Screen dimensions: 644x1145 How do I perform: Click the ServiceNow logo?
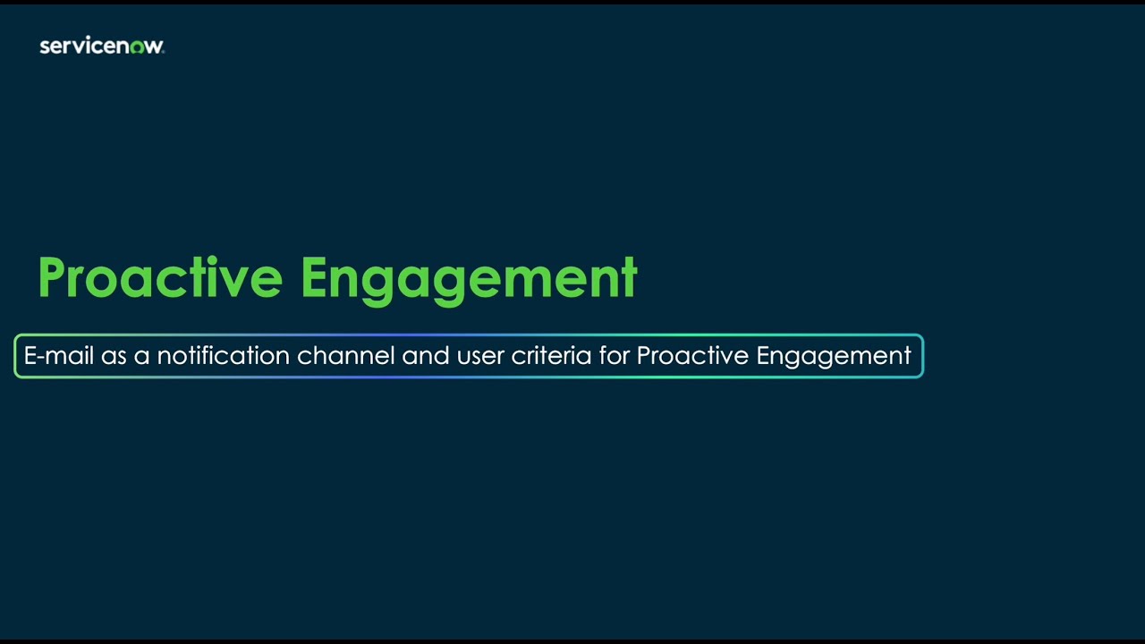(x=101, y=47)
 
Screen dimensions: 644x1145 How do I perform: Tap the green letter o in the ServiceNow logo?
(x=137, y=47)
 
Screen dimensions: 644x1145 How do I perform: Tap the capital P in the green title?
(x=54, y=278)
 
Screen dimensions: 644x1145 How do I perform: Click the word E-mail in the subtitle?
(x=58, y=356)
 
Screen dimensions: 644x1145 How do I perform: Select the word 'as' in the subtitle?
(x=114, y=357)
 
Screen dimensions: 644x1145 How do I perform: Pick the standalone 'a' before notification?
(x=141, y=357)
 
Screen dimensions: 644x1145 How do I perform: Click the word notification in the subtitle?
(x=223, y=356)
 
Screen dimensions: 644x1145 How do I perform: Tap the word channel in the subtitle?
(x=345, y=356)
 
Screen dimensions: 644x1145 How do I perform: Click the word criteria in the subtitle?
(x=551, y=356)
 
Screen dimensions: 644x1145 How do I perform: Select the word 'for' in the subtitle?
(x=615, y=356)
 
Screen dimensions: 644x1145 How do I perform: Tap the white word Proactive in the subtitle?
(x=692, y=356)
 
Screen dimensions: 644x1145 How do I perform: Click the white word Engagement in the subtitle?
(x=834, y=357)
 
